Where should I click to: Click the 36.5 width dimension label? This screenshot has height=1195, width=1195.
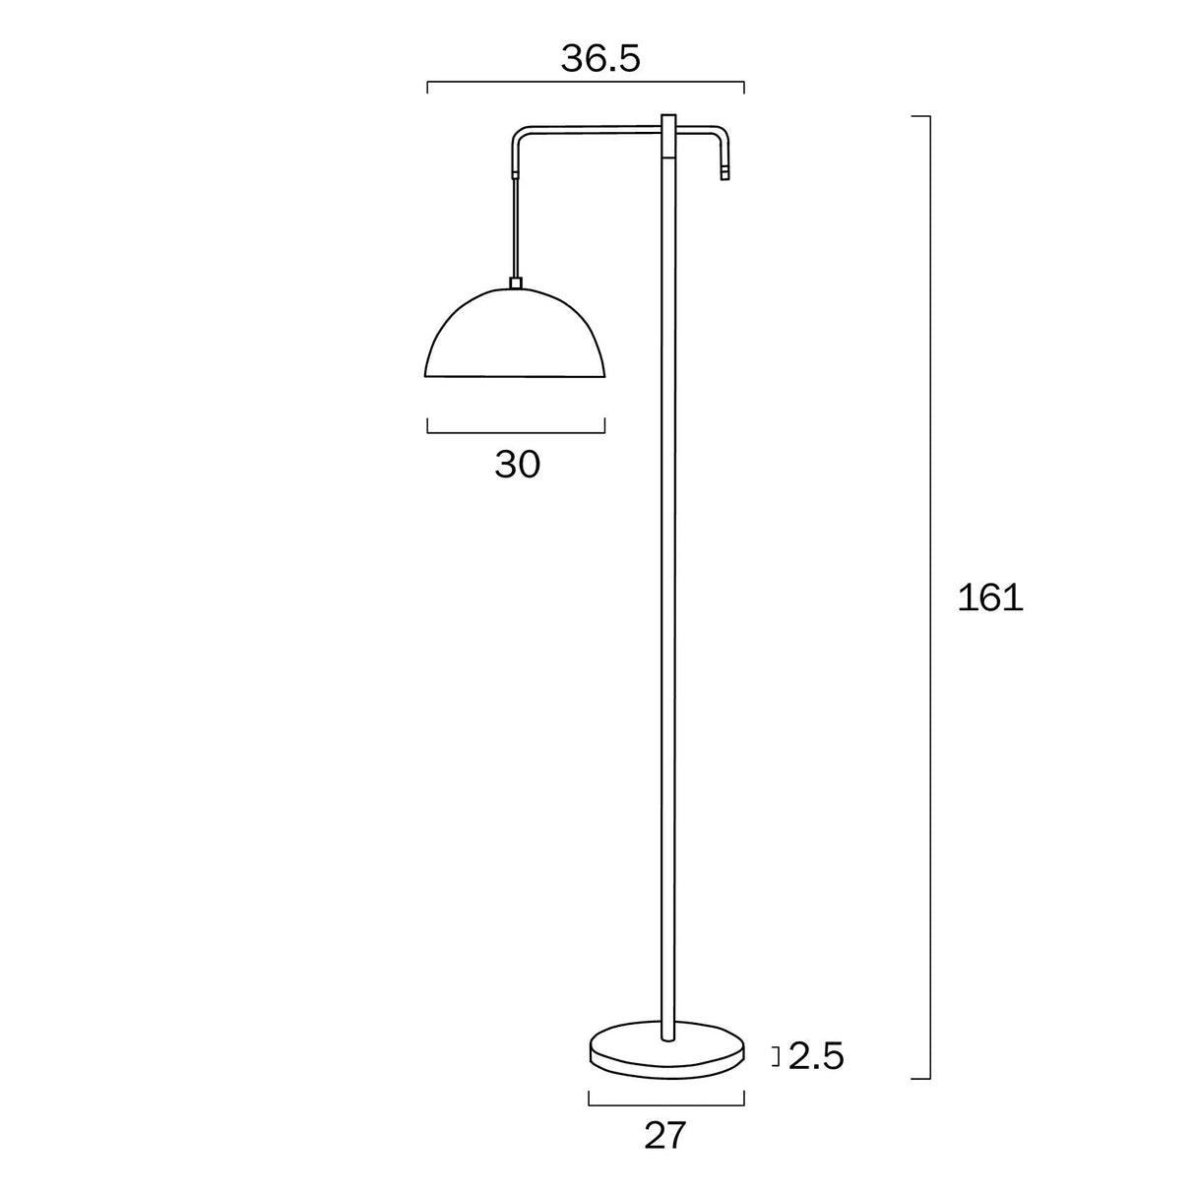[x=600, y=59]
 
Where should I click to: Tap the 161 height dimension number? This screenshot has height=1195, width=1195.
[x=990, y=597]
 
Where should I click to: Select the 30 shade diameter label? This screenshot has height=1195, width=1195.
[x=517, y=464]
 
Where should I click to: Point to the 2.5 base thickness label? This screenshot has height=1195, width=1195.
[x=816, y=1056]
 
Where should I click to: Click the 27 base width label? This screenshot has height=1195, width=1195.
[x=664, y=1136]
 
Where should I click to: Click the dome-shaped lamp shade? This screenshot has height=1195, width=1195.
[x=515, y=335]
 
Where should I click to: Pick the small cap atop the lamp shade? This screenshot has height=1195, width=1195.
[x=515, y=283]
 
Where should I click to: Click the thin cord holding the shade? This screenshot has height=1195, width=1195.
[x=515, y=226]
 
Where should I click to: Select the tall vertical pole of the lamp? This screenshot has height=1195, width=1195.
[x=668, y=591]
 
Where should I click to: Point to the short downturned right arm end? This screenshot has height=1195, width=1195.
[x=726, y=157]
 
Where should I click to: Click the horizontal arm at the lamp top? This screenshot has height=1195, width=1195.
[x=591, y=129]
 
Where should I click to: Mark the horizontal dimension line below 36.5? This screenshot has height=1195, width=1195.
[x=585, y=87]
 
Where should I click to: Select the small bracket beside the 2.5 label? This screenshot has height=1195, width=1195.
[x=777, y=1057]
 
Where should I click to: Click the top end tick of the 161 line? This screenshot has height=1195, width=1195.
[x=920, y=116]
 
